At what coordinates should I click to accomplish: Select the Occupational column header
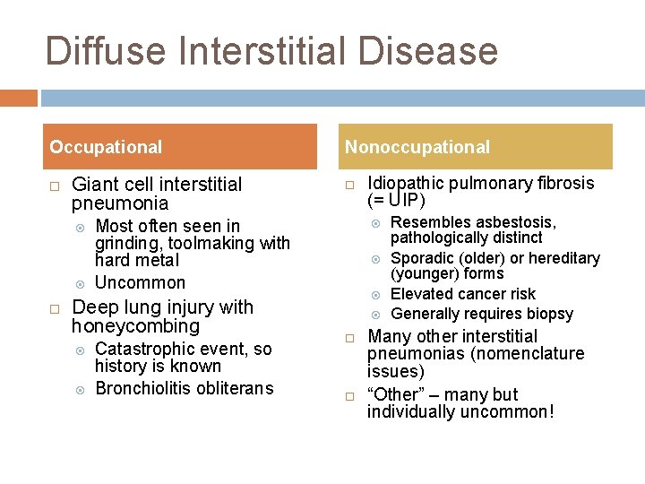pyautogui.click(x=106, y=147)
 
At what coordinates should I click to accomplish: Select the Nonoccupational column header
pyautogui.click(x=417, y=147)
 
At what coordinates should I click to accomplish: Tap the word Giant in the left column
pyautogui.click(x=94, y=185)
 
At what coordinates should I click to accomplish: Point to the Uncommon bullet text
pyautogui.click(x=140, y=282)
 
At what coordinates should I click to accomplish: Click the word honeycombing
pyautogui.click(x=135, y=326)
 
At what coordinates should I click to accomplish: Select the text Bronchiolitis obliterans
pyautogui.click(x=184, y=388)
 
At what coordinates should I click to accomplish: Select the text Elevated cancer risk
pyautogui.click(x=463, y=294)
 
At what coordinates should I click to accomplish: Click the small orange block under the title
pyautogui.click(x=18, y=97)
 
